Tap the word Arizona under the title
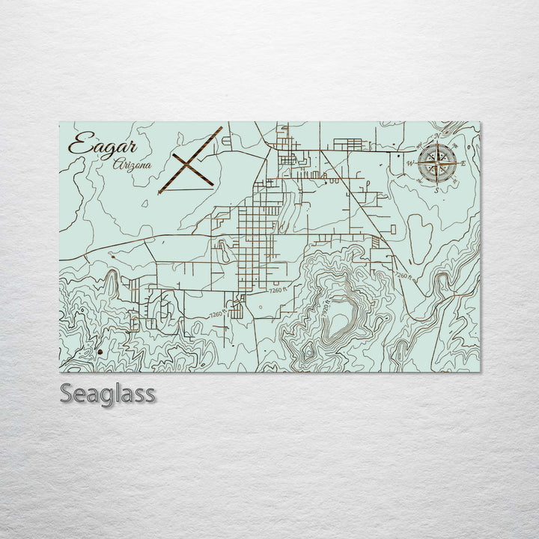[x=132, y=165]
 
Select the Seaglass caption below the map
[x=108, y=393]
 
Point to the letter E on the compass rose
[x=463, y=162]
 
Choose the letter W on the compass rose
[x=410, y=162]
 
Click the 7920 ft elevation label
[x=327, y=306]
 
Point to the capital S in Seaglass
[x=67, y=393]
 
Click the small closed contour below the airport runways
[x=226, y=254]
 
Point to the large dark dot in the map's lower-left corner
[x=100, y=350]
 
